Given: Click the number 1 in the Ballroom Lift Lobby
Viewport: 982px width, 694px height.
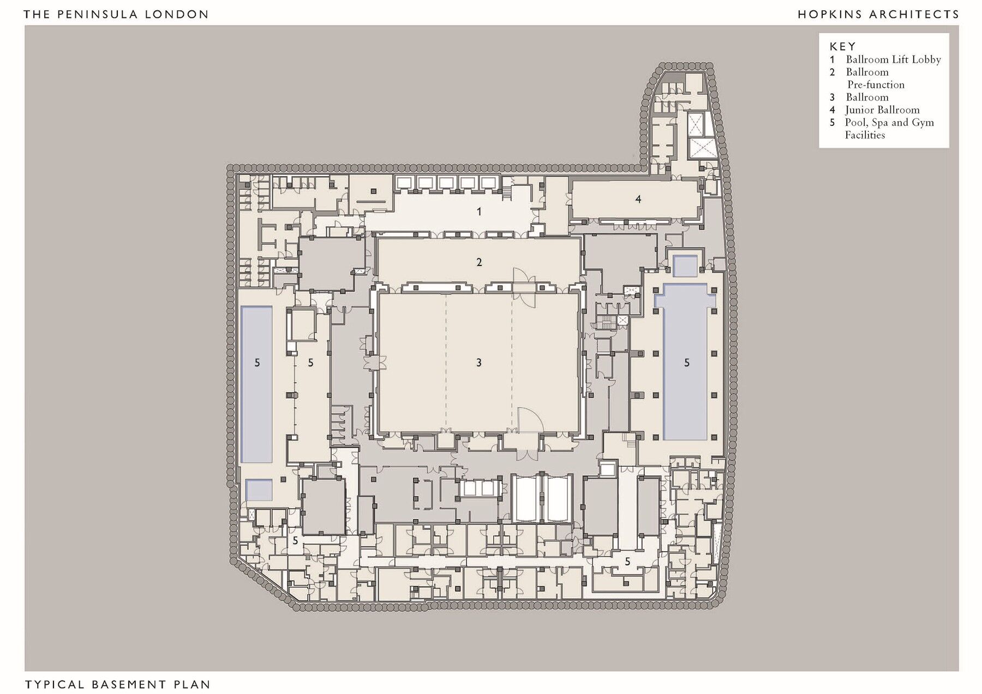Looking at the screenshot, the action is tap(479, 212).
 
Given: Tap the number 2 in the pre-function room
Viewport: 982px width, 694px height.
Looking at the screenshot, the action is tap(479, 262).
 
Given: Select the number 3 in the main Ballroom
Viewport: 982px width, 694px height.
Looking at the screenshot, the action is tap(478, 363).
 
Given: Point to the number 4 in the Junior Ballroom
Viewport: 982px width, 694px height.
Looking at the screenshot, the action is tap(638, 200).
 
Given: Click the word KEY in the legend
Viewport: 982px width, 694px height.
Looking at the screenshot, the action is tap(843, 46).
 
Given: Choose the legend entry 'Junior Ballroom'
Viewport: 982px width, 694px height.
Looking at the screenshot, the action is tap(882, 110).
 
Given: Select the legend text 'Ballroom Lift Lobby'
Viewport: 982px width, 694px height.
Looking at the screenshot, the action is tap(894, 59).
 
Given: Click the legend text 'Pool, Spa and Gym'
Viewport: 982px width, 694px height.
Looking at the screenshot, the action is tap(889, 123).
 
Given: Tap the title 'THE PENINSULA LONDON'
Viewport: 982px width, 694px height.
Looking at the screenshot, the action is tap(116, 14).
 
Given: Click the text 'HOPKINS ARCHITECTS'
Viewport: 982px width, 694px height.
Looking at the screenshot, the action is tap(878, 14).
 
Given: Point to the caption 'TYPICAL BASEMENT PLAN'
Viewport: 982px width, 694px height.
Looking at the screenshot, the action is tap(118, 684).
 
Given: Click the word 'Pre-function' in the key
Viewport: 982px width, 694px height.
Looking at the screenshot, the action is tap(876, 85).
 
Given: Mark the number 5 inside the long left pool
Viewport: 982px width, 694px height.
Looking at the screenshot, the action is tap(258, 363).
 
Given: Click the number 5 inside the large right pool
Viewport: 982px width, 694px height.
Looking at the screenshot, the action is tap(687, 363).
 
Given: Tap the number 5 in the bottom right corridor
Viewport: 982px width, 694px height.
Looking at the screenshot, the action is tap(627, 562).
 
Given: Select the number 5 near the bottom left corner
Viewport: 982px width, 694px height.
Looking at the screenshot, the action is tap(295, 541).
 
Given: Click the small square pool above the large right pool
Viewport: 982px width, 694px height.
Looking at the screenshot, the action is tap(685, 265).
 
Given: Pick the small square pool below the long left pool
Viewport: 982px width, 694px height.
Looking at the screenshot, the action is tap(259, 490).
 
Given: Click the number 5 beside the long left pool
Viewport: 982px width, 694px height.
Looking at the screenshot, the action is tap(310, 363).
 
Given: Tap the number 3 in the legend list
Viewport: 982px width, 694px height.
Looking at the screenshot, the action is tap(833, 98).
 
